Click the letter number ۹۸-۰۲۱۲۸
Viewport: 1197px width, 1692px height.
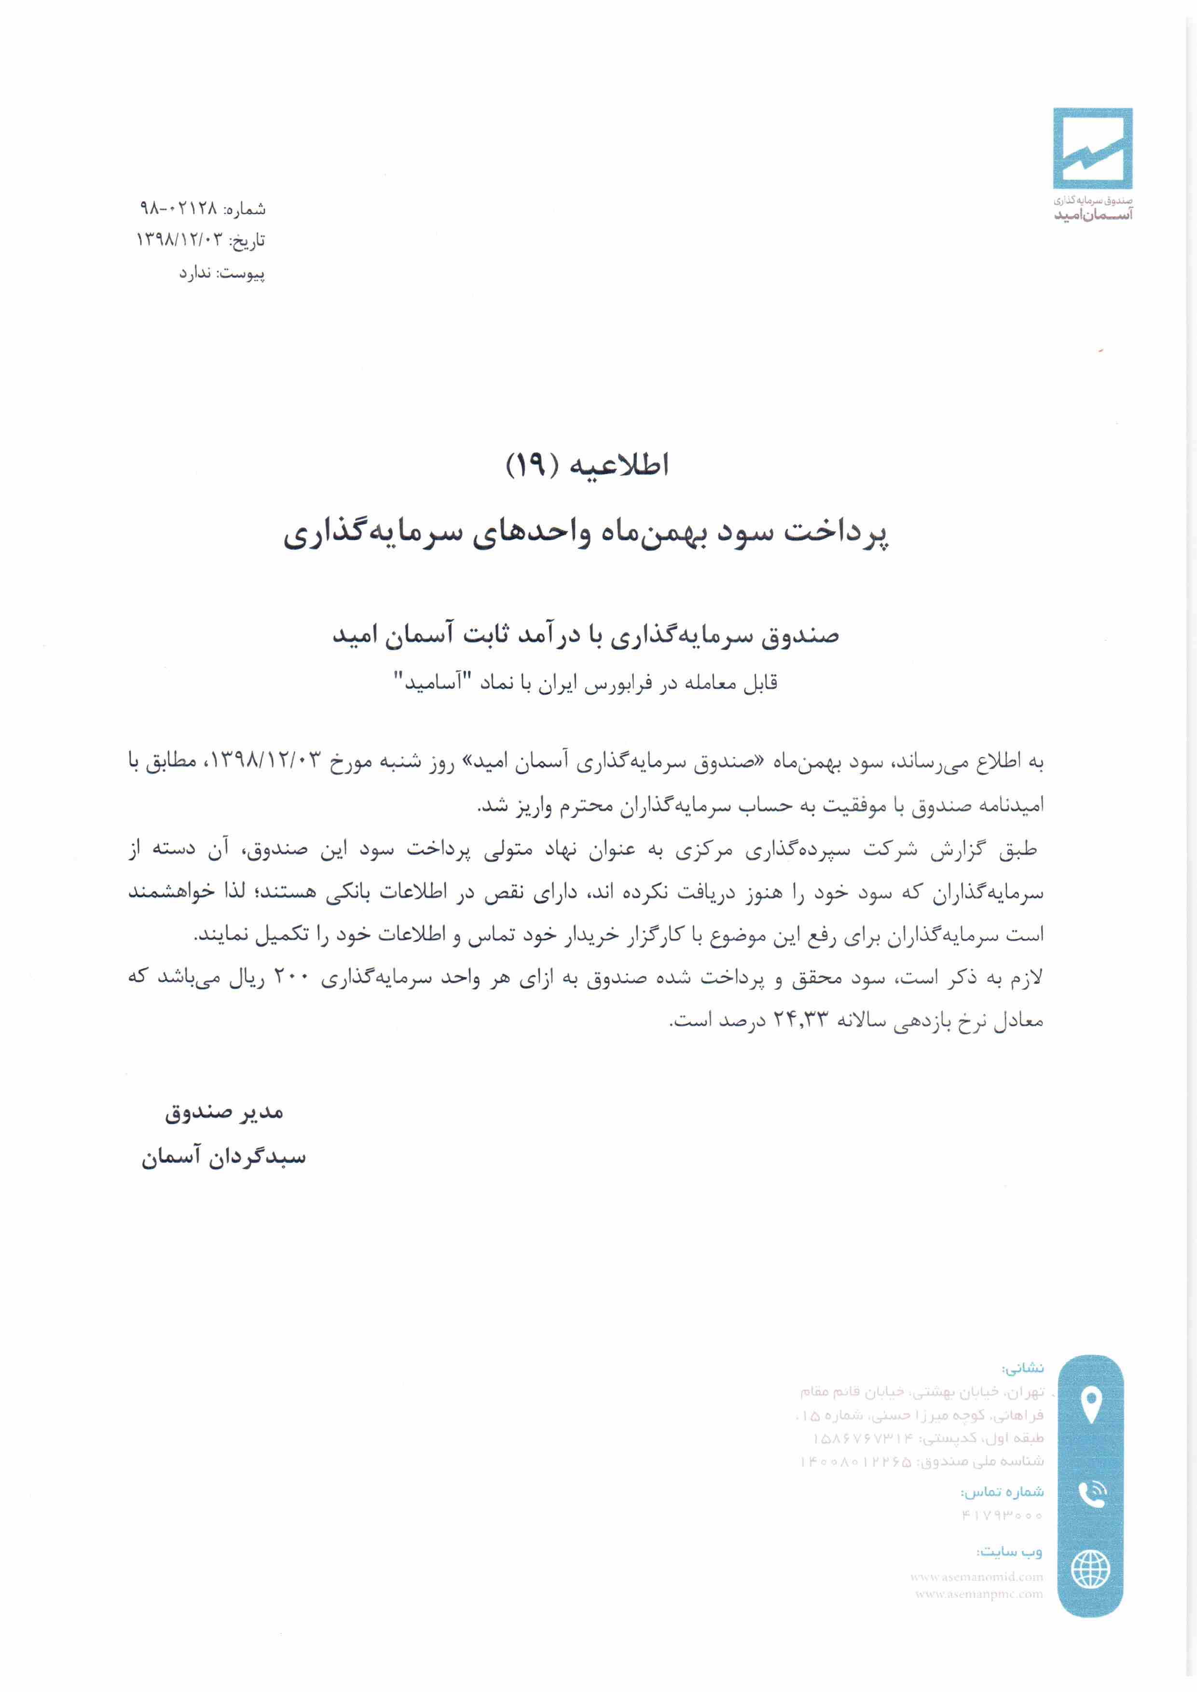179,208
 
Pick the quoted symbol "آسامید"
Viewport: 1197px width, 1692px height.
430,682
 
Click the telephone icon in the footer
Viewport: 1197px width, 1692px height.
1090,1494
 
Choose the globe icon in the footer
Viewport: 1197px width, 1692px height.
1090,1569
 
